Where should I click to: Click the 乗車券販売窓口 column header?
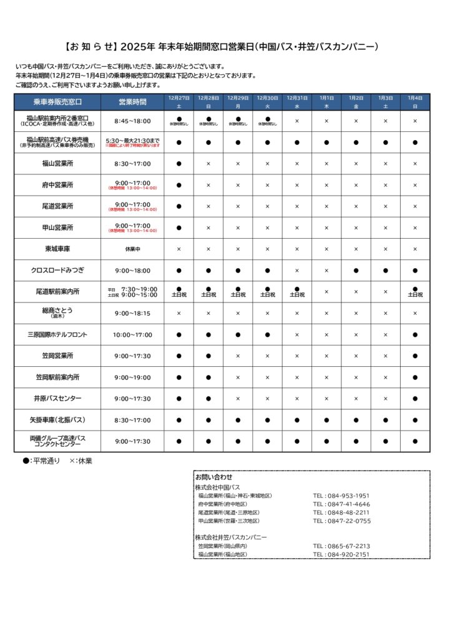(x=57, y=102)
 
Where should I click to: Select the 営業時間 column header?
(x=132, y=102)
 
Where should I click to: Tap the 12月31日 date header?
(x=297, y=98)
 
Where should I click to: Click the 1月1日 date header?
(x=327, y=98)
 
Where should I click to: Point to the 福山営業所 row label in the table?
(x=57, y=164)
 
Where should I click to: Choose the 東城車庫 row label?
(x=57, y=249)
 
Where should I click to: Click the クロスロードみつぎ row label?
(x=57, y=271)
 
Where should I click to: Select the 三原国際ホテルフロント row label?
(x=57, y=334)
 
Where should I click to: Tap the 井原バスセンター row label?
(x=57, y=398)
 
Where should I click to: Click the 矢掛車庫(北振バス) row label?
(x=57, y=420)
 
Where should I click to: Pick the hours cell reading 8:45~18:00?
(x=132, y=121)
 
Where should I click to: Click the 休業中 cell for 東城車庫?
(x=132, y=249)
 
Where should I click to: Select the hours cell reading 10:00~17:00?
(x=132, y=334)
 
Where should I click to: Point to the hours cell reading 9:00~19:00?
(x=132, y=377)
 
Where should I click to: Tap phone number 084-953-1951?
(x=341, y=496)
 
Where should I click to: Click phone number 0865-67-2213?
(x=341, y=546)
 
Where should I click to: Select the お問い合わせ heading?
(x=214, y=477)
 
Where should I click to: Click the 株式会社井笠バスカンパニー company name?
(x=230, y=537)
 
